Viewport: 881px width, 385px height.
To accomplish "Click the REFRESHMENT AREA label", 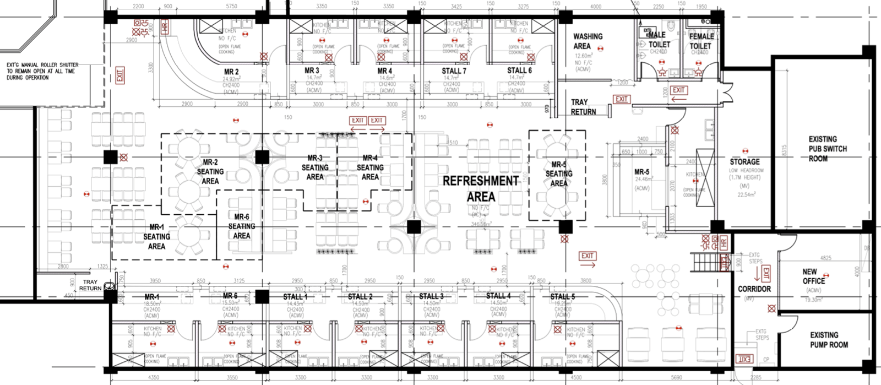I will pyautogui.click(x=481, y=189).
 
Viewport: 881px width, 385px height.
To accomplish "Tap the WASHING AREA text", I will pyautogui.click(x=588, y=41).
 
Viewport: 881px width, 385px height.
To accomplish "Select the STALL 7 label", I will pyautogui.click(x=454, y=71).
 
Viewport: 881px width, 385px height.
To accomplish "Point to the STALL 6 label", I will pyautogui.click(x=519, y=71).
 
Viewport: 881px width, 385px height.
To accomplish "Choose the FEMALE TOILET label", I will pyautogui.click(x=701, y=41).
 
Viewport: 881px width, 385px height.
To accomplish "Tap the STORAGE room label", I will pyautogui.click(x=744, y=162).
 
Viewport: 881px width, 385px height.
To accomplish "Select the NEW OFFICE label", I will pyautogui.click(x=813, y=276).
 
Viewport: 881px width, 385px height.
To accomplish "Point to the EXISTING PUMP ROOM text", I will pyautogui.click(x=828, y=340).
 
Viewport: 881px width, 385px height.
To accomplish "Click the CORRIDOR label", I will pyautogui.click(x=754, y=289).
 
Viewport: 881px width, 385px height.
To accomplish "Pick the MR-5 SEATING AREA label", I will pyautogui.click(x=558, y=174).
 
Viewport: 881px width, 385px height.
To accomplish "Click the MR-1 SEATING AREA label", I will pyautogui.click(x=156, y=236).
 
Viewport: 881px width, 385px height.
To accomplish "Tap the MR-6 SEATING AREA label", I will pyautogui.click(x=241, y=226).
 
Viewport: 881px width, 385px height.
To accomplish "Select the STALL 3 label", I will pyautogui.click(x=431, y=296).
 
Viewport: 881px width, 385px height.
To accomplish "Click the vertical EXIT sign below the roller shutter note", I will pyautogui.click(x=120, y=75).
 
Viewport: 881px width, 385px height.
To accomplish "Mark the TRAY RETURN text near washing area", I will pyautogui.click(x=583, y=107).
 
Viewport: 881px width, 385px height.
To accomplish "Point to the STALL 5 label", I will pyautogui.click(x=562, y=296).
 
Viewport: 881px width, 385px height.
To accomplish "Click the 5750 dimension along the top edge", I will pyautogui.click(x=231, y=7).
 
